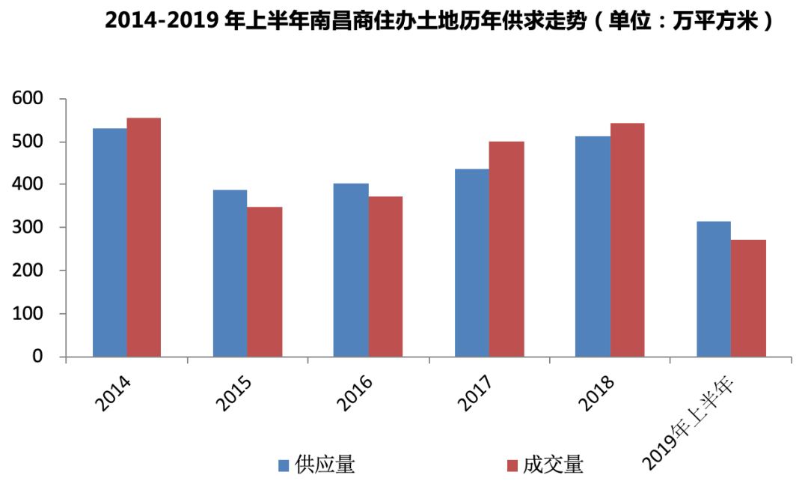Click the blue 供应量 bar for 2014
click(109, 242)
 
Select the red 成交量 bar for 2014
click(144, 237)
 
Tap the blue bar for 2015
click(230, 273)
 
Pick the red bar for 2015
click(265, 281)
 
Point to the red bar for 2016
click(385, 276)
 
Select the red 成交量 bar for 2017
click(506, 249)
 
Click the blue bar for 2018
click(593, 246)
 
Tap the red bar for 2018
click(627, 239)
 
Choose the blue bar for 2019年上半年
click(713, 288)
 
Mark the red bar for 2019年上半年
click(748, 297)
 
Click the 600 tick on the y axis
click(28, 99)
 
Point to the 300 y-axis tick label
click(28, 228)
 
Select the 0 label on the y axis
click(37, 357)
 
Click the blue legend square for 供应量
click(284, 465)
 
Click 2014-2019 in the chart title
click(162, 21)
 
